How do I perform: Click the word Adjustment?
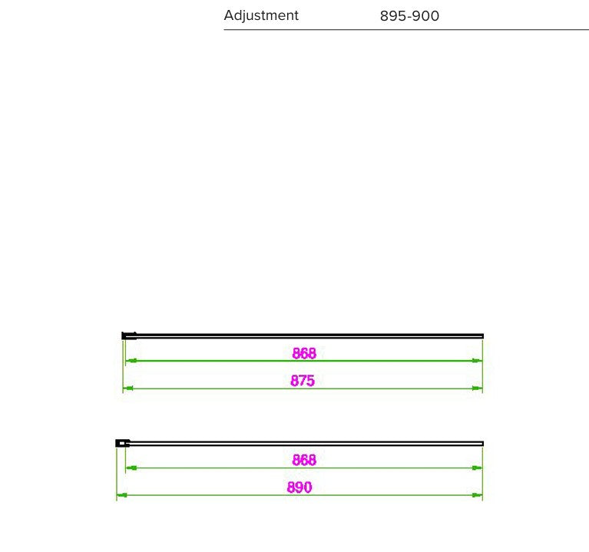pos(261,15)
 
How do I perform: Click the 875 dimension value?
pos(303,380)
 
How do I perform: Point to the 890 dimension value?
pos(299,487)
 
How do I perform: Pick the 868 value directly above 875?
pos(304,353)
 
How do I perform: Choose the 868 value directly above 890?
pos(304,460)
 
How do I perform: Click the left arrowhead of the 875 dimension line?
pos(127,388)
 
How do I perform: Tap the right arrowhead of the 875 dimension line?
pos(477,388)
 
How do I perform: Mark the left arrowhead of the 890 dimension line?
pos(121,495)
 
